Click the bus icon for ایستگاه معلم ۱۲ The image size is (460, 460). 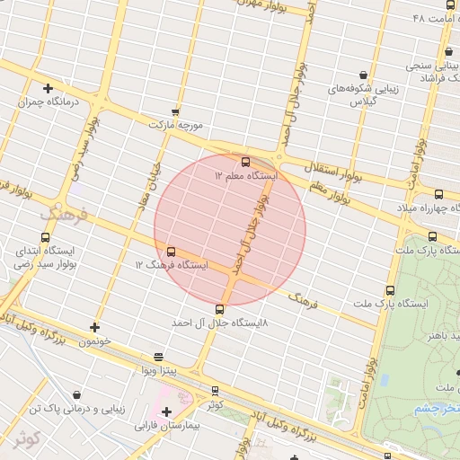245,162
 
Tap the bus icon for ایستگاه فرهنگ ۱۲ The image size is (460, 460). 172,252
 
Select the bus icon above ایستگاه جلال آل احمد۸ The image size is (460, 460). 220,309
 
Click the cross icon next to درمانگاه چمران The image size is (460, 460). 48,88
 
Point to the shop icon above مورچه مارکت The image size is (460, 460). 175,112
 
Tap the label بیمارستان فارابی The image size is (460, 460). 165,426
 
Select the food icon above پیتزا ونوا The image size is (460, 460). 158,357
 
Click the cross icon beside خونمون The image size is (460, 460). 95,327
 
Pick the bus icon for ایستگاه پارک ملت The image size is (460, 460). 390,290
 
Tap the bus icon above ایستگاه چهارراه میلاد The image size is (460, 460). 438,194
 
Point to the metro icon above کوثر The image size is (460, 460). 215,391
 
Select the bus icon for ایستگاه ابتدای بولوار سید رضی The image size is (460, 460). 20,238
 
